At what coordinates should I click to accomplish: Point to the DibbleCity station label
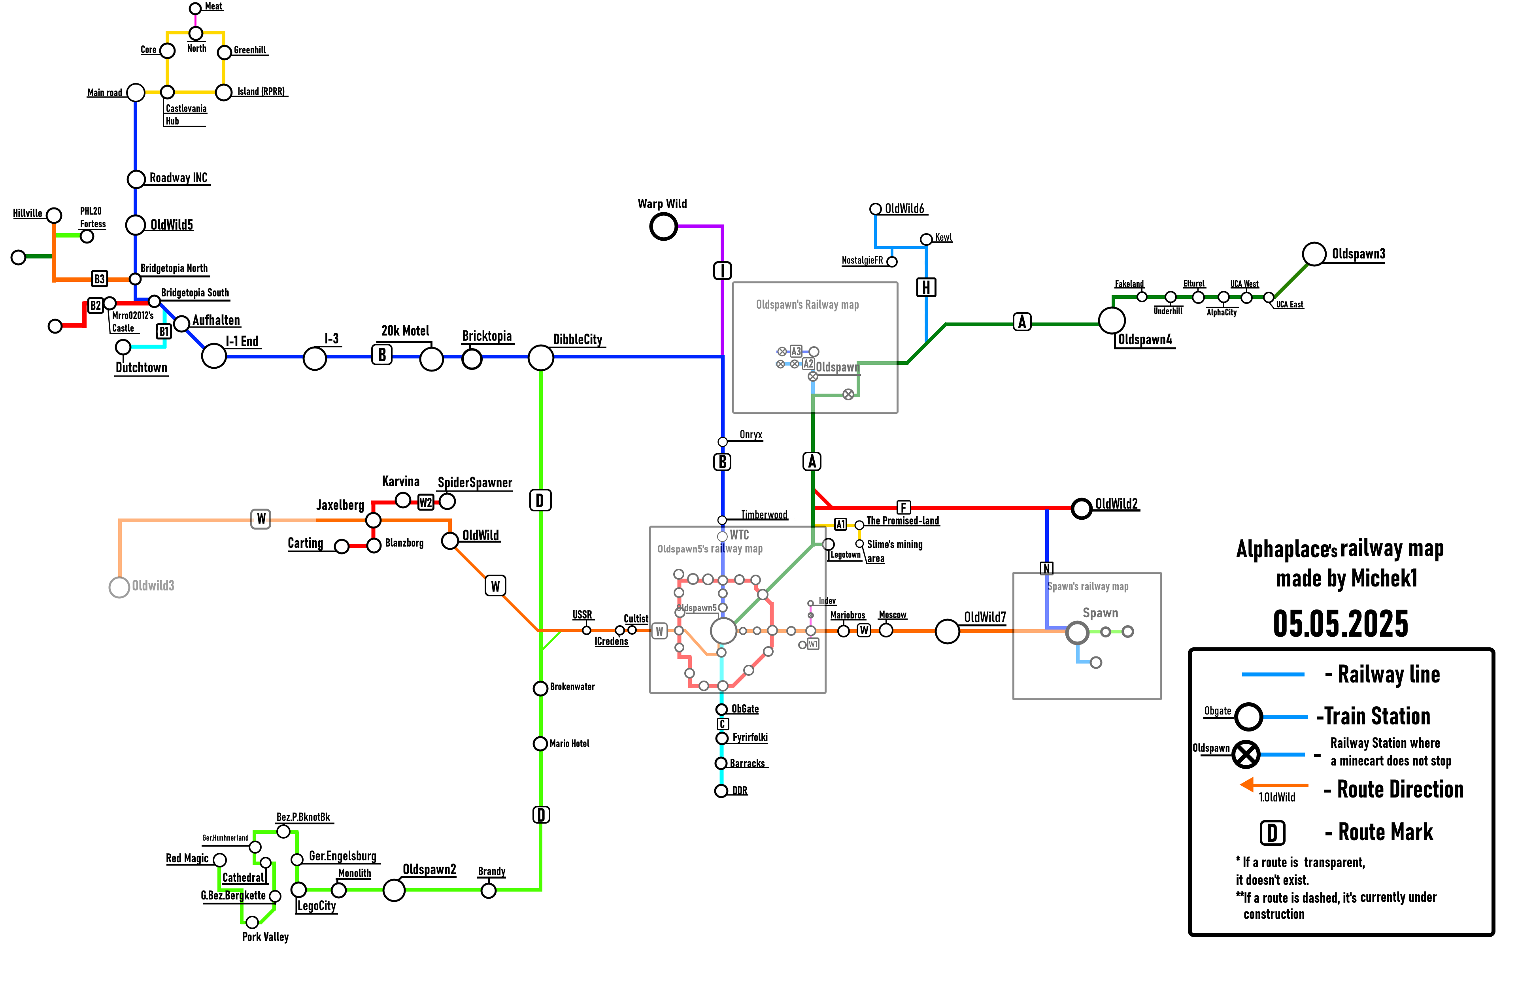pos(577,339)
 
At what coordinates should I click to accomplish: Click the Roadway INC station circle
pos(136,179)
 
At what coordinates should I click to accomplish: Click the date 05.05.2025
pos(1340,623)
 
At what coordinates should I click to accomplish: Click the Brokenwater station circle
pos(540,688)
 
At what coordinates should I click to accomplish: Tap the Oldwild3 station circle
pos(119,587)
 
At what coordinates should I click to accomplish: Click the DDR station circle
pos(721,791)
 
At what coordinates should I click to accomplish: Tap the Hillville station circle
pos(54,216)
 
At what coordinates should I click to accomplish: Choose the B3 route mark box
pos(99,279)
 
